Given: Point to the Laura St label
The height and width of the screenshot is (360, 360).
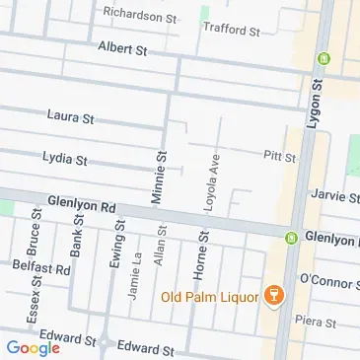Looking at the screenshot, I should point(70,116).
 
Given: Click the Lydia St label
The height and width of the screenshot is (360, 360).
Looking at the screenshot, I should point(66,158).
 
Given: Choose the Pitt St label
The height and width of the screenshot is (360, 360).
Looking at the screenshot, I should point(273,156).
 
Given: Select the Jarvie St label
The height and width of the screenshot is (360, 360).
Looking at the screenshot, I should point(329,195).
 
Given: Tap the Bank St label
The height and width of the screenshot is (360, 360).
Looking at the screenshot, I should point(75,236).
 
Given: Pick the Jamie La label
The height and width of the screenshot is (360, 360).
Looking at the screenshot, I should point(134,282).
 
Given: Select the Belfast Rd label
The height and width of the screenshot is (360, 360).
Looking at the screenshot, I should point(41,267).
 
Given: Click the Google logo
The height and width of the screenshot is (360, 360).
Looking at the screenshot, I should point(33,347).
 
